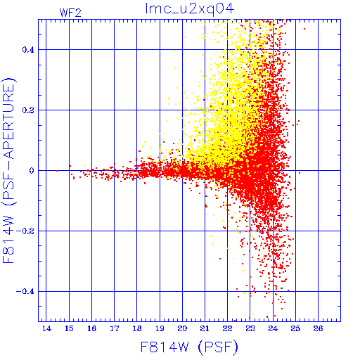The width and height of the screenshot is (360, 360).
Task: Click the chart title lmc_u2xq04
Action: coord(190,9)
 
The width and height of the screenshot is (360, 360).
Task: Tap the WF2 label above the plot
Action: coord(70,13)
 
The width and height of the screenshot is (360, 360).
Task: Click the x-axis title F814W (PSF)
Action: coord(189,347)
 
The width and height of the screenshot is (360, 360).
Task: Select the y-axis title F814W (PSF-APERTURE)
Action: coord(9,170)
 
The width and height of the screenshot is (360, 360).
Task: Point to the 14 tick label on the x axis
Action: coord(46,328)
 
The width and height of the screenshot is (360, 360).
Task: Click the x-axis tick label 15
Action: coord(69,328)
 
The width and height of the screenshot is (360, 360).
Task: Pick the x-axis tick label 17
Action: coord(115,328)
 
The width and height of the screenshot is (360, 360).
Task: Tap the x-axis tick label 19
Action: coord(160,328)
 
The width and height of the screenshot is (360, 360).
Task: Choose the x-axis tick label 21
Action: coord(205,328)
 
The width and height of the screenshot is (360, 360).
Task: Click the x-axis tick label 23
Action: coord(250,328)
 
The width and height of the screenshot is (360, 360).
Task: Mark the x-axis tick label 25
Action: coord(295,328)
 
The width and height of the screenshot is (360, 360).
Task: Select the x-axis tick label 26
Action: coord(318,328)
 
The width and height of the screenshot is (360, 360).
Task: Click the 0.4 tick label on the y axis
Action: coord(28,50)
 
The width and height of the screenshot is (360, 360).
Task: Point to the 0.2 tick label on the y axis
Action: coord(28,110)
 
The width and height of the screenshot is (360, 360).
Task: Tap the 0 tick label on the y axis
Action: coord(32,171)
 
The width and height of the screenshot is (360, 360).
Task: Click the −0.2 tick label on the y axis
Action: coord(25,231)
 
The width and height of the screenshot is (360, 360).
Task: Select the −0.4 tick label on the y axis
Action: coord(25,292)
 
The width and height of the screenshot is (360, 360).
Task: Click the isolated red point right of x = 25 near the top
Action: coord(304,29)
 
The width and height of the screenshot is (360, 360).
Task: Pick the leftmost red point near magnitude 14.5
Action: coord(57,171)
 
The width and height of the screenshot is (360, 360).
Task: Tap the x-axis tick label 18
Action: coord(137,328)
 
